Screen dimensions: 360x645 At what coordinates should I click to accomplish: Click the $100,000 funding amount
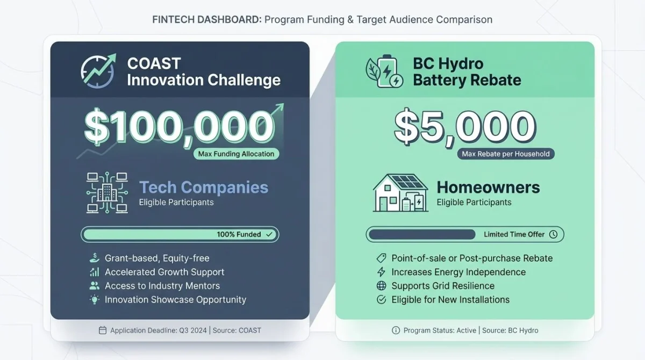click(179, 127)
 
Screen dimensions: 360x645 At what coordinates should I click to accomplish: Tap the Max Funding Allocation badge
click(236, 154)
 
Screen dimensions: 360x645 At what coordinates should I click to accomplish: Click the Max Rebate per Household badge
click(505, 154)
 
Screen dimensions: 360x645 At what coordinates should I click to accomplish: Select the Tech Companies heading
click(203, 187)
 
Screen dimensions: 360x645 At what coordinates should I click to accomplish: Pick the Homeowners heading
click(488, 187)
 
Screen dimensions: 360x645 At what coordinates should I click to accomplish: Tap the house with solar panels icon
click(400, 192)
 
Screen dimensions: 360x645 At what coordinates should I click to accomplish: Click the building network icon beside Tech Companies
click(106, 193)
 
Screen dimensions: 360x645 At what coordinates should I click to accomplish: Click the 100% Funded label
click(239, 234)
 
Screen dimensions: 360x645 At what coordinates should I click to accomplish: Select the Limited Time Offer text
click(514, 234)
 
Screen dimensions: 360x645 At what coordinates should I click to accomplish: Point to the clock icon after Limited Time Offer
click(553, 234)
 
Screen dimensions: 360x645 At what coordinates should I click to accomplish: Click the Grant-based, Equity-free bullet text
click(157, 258)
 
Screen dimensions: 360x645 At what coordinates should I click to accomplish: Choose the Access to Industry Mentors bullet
click(162, 286)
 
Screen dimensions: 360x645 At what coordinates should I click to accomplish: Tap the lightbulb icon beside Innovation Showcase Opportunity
click(95, 300)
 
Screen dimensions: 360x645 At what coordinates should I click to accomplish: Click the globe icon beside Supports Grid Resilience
click(382, 286)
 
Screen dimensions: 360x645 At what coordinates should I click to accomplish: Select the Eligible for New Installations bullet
click(450, 300)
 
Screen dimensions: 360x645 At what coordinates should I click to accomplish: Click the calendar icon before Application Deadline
click(103, 330)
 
